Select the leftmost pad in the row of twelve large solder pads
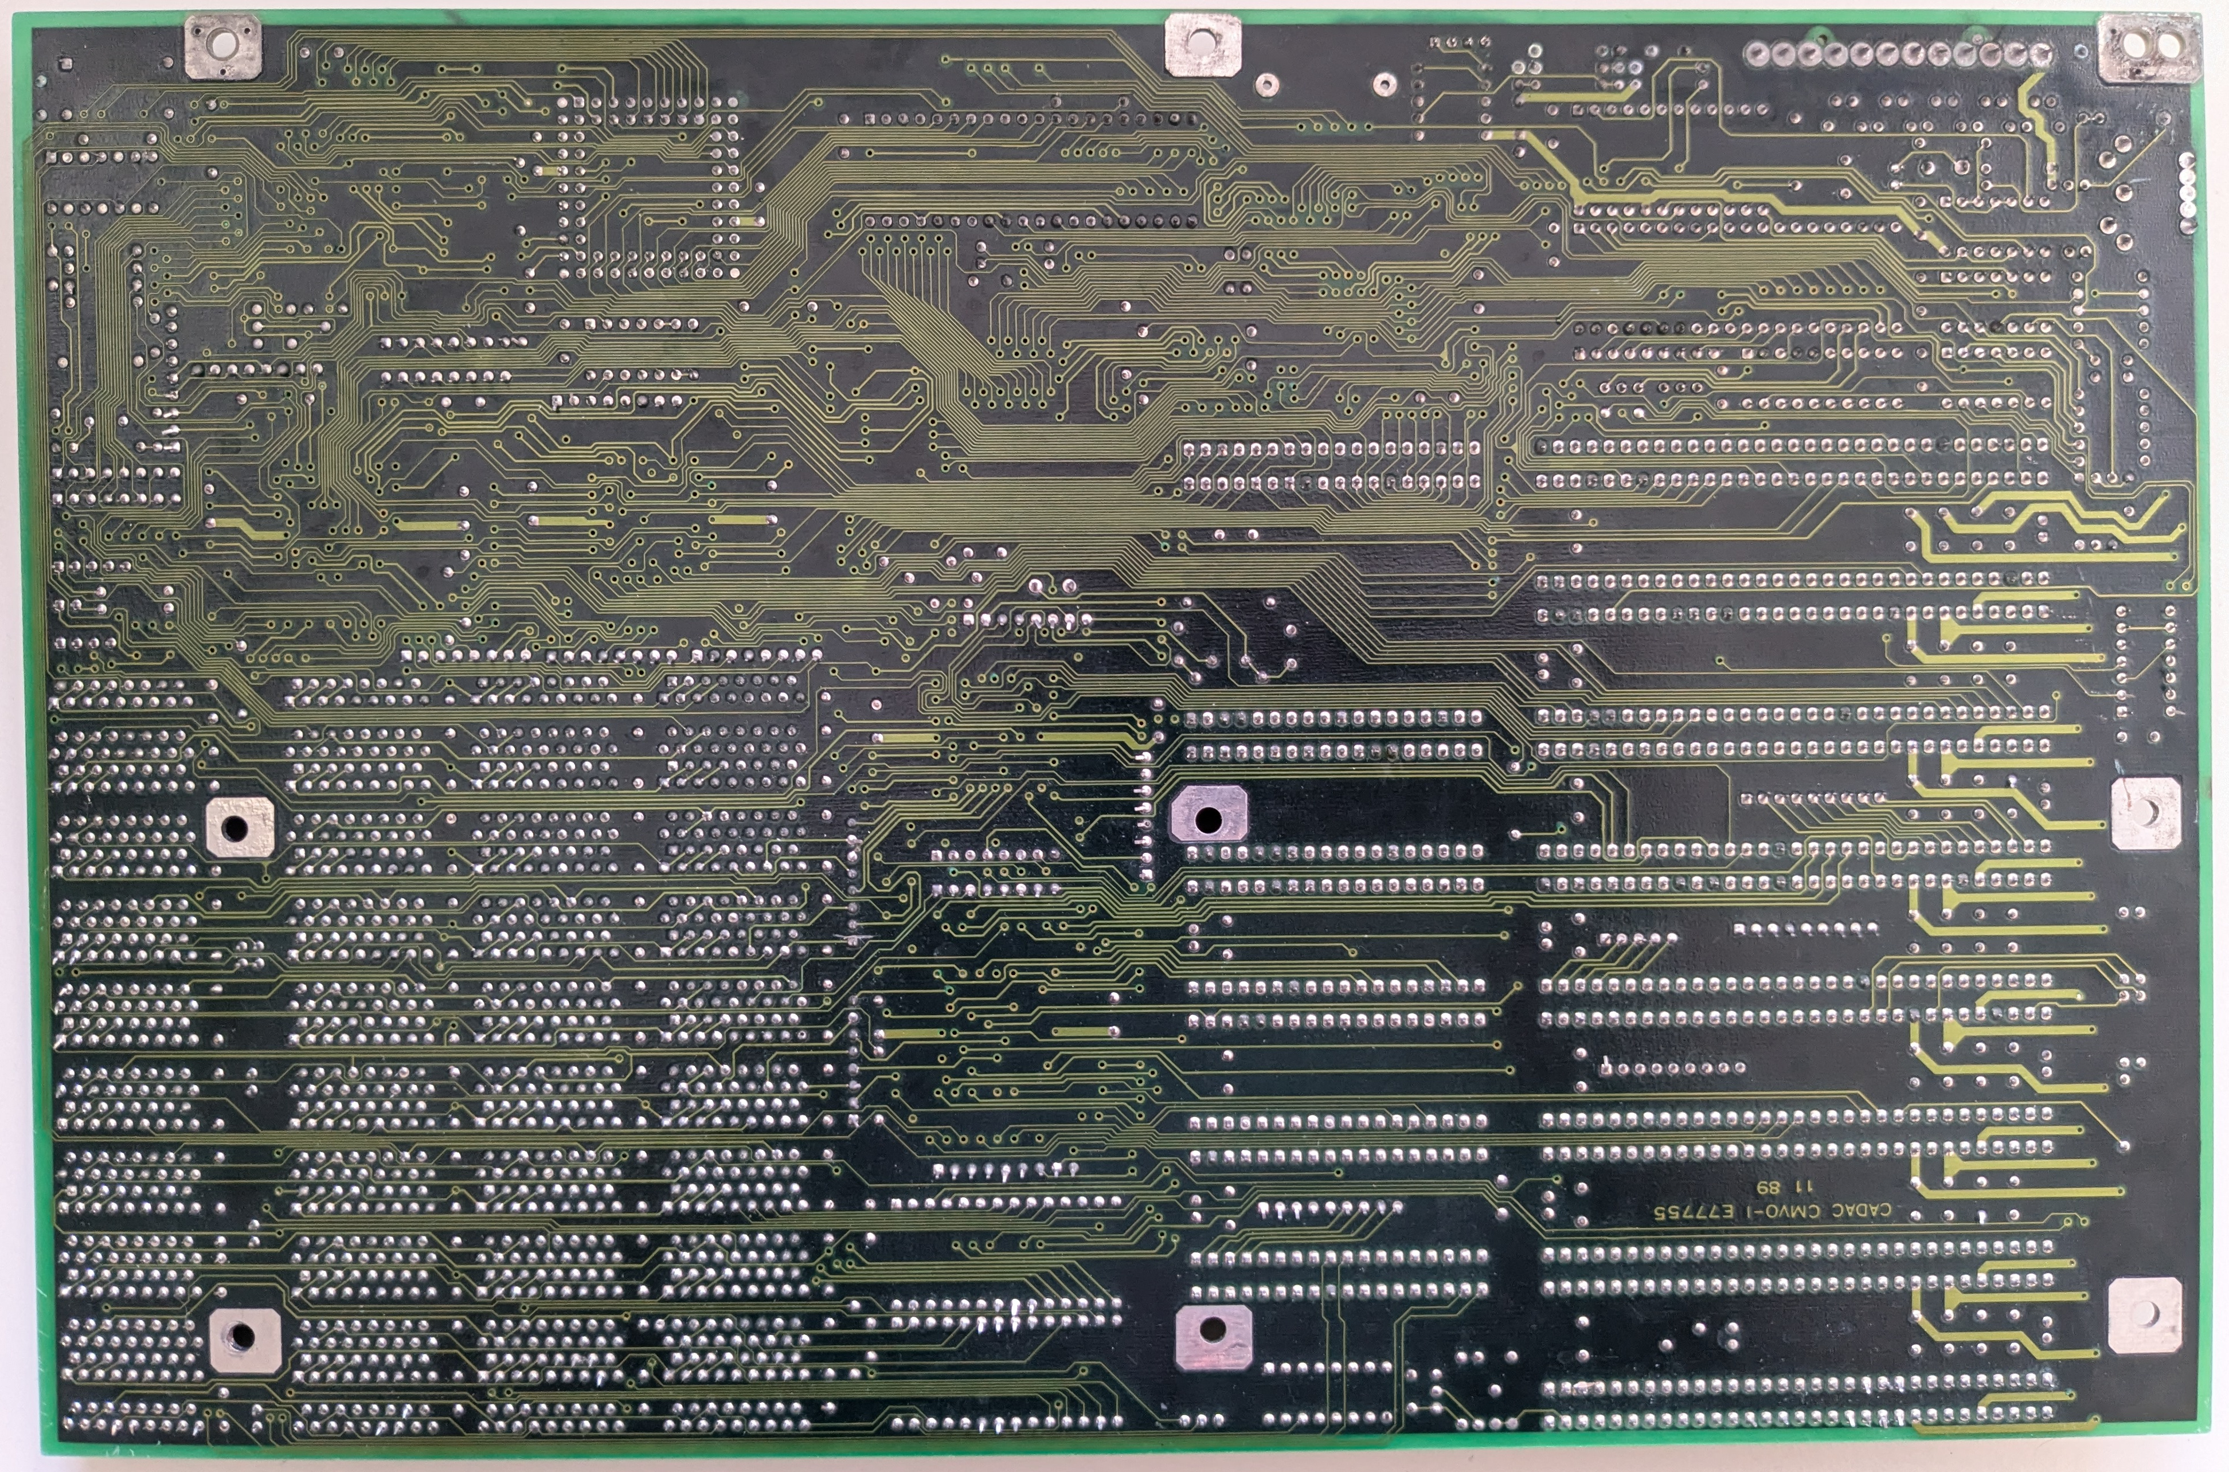tap(1757, 53)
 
